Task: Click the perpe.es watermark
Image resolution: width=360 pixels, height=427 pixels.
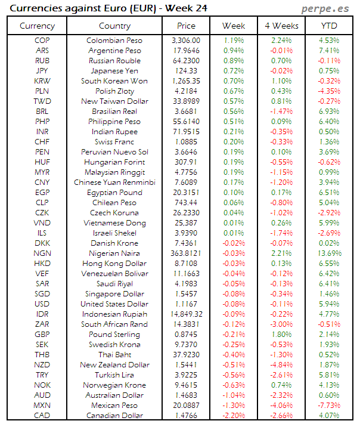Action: pyautogui.click(x=325, y=8)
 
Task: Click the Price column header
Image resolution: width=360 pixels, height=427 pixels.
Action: pyautogui.click(x=186, y=26)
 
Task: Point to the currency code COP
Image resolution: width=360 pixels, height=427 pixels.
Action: pyautogui.click(x=42, y=41)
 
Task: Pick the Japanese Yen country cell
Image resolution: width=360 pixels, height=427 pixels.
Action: pyautogui.click(x=114, y=71)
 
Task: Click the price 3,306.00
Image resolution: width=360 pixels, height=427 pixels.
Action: pyautogui.click(x=186, y=41)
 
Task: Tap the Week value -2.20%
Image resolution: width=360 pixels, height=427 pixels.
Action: pyautogui.click(x=233, y=416)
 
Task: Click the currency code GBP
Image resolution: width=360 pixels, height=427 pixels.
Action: pyautogui.click(x=42, y=335)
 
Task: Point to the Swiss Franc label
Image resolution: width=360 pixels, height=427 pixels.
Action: pyautogui.click(x=114, y=142)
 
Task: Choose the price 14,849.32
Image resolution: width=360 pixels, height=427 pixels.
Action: pyautogui.click(x=186, y=314)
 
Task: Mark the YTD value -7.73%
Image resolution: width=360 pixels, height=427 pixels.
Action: pyautogui.click(x=328, y=406)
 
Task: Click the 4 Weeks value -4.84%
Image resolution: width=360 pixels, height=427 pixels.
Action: pyautogui.click(x=281, y=365)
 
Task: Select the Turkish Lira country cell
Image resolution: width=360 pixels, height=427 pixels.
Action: pyautogui.click(x=114, y=375)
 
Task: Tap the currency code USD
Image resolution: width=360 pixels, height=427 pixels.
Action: pyautogui.click(x=42, y=304)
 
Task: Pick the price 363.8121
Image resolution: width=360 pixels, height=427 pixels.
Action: pyautogui.click(x=186, y=253)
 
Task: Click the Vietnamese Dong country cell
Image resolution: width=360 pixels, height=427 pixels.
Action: pyautogui.click(x=114, y=223)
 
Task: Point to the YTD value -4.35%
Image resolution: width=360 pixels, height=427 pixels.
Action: pyautogui.click(x=328, y=91)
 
